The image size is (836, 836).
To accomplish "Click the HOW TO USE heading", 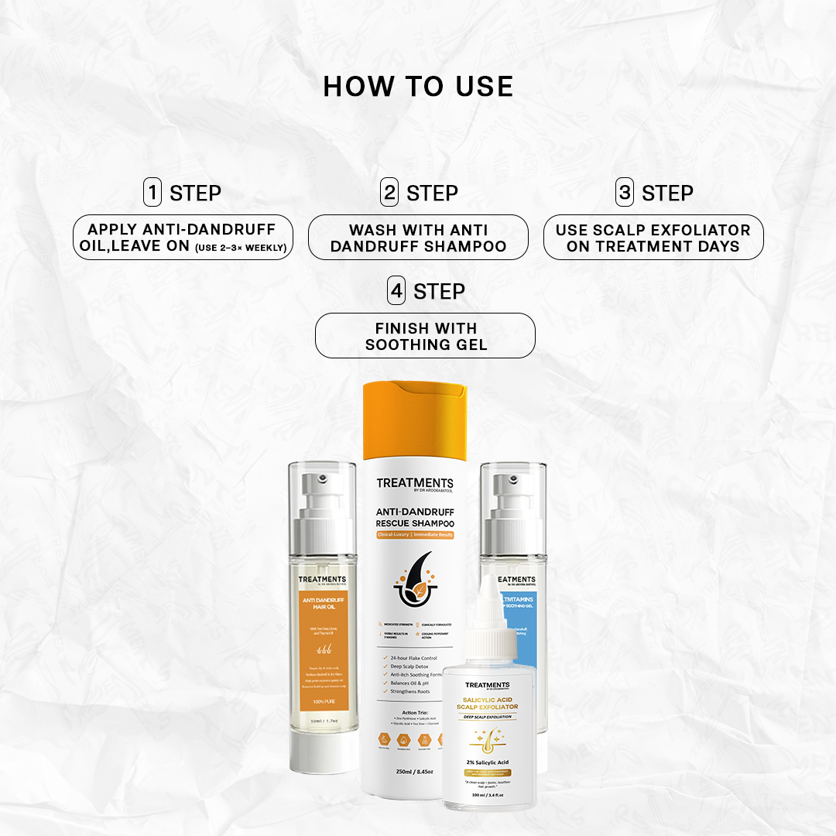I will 418,87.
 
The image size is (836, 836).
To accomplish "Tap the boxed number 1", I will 152,192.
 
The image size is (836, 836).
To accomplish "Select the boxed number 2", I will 389,192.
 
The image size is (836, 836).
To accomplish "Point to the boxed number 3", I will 625,192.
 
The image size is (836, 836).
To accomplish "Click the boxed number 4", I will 396,291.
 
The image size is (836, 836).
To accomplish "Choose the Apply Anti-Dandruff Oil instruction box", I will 183,238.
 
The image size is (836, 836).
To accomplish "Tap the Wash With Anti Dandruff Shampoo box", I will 418,238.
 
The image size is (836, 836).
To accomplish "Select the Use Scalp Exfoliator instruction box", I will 653,238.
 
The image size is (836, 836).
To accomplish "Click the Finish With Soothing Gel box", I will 425,335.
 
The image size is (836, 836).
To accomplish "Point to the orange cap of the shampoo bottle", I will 415,419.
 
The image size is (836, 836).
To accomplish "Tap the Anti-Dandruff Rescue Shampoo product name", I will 415,517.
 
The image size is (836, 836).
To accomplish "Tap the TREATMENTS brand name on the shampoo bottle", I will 415,483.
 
